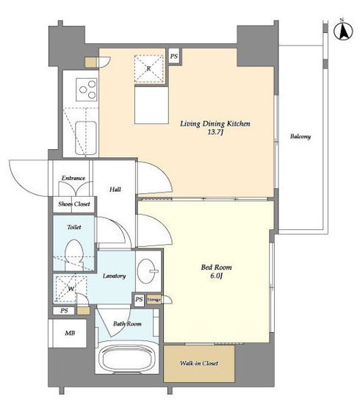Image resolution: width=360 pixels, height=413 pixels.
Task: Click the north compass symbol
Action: coord(343,31)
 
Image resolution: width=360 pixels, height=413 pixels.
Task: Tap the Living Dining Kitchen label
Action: coord(215,123)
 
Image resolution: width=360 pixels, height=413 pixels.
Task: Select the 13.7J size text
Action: coord(215,132)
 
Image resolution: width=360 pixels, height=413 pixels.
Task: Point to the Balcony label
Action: coord(300,136)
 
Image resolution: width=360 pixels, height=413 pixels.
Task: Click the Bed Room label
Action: coord(216,267)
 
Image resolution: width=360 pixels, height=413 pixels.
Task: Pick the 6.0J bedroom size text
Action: coord(216,276)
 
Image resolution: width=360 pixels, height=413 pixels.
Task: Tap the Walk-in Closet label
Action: coord(199,363)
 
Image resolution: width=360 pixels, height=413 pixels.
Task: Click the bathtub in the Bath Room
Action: coord(127,356)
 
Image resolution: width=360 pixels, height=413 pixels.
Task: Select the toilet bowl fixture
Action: coord(74,254)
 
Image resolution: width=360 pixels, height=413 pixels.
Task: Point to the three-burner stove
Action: coord(87,90)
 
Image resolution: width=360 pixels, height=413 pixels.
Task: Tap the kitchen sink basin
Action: coord(86,137)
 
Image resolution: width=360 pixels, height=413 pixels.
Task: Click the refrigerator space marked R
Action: coord(149,68)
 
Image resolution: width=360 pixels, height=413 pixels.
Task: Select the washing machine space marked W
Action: coord(71,289)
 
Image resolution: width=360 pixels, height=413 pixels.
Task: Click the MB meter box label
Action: coord(70,333)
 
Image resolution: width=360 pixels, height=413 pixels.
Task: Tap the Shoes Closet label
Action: coord(74,204)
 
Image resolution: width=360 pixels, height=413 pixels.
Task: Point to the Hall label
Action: coord(115,189)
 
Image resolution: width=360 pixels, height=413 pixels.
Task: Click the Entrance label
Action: coord(73,178)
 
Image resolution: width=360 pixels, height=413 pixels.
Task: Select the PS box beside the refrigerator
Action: coord(174,56)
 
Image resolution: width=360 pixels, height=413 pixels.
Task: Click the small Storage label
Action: coord(154,300)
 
